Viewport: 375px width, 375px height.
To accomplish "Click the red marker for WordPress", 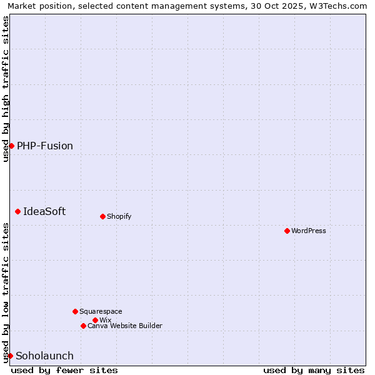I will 287,231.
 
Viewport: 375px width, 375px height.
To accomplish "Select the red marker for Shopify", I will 102,216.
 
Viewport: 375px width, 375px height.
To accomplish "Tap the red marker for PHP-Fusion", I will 11,146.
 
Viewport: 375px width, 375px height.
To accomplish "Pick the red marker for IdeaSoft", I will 17,211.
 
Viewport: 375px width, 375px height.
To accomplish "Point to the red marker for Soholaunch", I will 10,356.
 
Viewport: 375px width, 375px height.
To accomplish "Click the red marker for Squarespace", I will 75,311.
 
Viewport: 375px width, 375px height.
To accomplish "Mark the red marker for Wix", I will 95,320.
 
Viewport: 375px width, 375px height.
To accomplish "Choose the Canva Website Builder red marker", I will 83,326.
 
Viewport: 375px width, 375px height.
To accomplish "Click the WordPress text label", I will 309,231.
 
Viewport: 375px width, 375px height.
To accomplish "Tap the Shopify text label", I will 119,216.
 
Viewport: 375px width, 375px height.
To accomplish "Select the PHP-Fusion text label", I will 45,146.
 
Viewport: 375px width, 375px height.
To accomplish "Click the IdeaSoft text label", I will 44,211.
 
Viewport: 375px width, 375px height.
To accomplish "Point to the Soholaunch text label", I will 44,356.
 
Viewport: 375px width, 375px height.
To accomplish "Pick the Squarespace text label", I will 101,311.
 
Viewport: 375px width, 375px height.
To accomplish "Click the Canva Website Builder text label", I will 125,326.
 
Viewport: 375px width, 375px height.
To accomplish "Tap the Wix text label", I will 106,320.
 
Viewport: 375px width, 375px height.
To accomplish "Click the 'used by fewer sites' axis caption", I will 64,370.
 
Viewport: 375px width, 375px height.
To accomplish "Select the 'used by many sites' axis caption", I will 314,370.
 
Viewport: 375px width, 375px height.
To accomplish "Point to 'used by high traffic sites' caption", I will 6,89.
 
